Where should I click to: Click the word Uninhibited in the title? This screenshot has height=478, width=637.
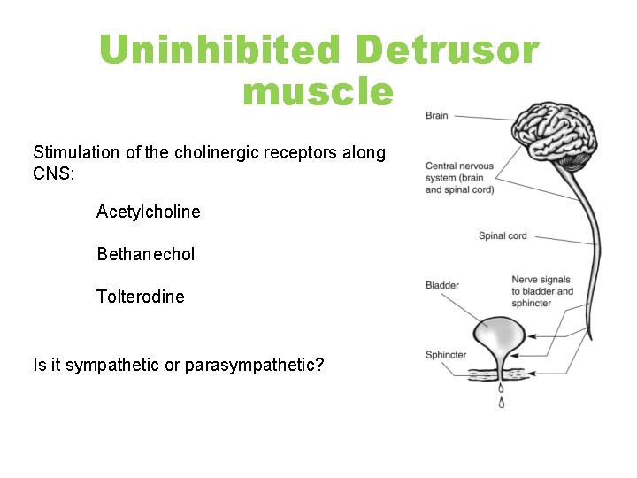point(220,50)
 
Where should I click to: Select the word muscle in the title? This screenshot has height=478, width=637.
point(318,91)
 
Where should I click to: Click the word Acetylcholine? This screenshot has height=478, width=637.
point(149,212)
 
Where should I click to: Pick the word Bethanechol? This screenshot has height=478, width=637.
point(146,254)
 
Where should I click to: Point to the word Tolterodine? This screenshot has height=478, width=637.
point(141,297)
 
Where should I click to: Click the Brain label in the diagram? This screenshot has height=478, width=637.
point(437,116)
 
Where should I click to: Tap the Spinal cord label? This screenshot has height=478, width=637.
point(503,235)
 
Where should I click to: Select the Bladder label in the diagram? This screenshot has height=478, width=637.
point(442,285)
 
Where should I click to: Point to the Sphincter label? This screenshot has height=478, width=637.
point(446,355)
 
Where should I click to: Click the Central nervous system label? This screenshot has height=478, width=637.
point(459,178)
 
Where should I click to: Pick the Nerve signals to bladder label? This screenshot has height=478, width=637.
point(541,291)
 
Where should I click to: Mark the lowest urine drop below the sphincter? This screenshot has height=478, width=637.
point(503,404)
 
